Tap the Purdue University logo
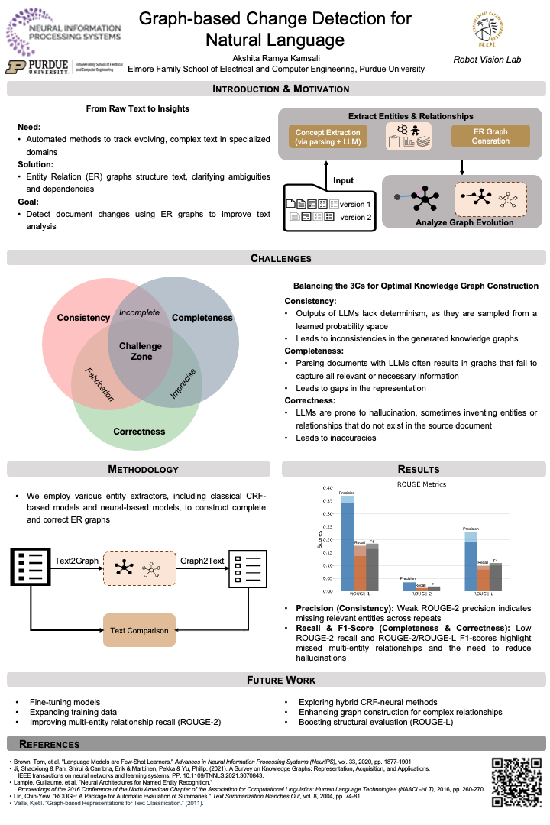tap(37, 67)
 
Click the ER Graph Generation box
tap(490, 137)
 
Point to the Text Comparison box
tap(139, 630)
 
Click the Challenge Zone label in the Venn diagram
tap(141, 351)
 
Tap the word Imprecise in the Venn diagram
tap(183, 384)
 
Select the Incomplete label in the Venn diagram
tap(140, 313)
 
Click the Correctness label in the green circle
tap(139, 432)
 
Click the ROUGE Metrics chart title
tap(422, 484)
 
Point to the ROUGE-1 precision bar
tap(348, 546)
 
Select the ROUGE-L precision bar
tap(471, 564)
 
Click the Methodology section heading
tap(143, 469)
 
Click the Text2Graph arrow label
tap(76, 561)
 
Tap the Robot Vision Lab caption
tap(488, 59)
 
